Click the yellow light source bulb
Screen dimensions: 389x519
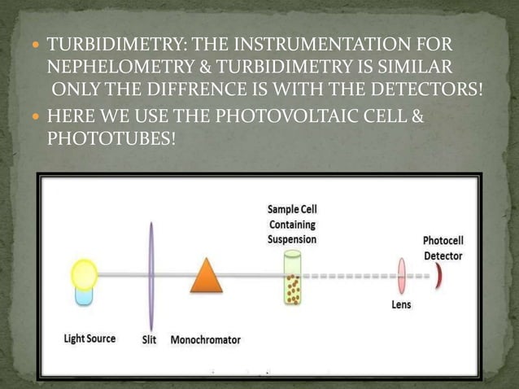click(x=84, y=274)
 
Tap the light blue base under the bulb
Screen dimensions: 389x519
click(x=84, y=295)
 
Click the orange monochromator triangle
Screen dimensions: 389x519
click(x=206, y=275)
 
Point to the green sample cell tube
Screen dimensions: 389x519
click(x=291, y=278)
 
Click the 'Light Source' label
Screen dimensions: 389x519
click(x=89, y=339)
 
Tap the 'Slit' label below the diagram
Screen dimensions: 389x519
click(x=150, y=339)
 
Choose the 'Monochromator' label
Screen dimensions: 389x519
click(x=205, y=339)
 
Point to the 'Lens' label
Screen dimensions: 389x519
click(x=401, y=305)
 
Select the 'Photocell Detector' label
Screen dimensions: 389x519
click(x=443, y=249)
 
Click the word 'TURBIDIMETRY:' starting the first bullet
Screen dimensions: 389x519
click(x=103, y=43)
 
